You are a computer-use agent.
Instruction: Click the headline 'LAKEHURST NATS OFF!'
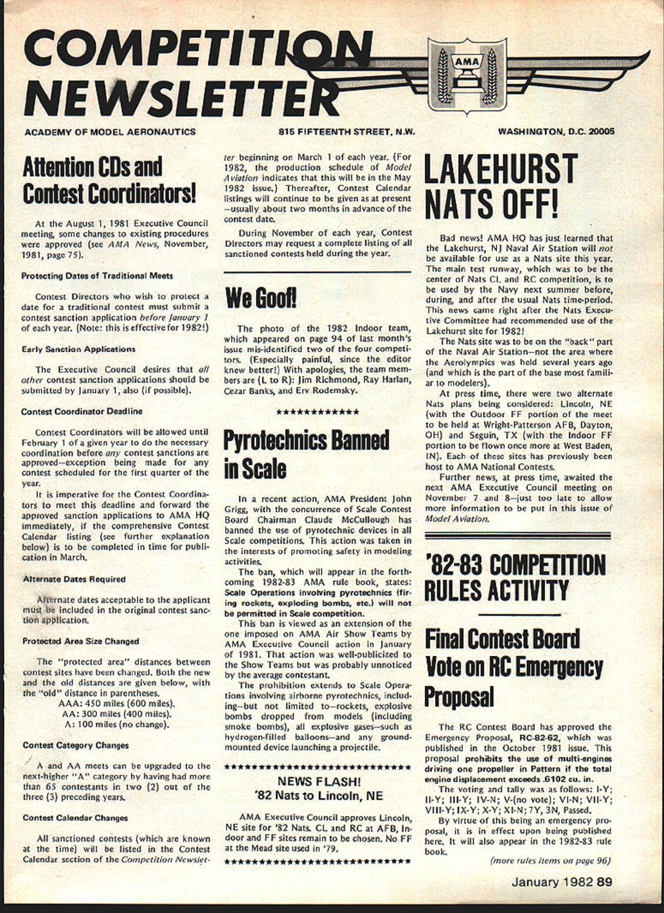point(500,186)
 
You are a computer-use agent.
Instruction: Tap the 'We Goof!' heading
point(260,297)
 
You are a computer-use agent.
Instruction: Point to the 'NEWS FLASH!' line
point(319,781)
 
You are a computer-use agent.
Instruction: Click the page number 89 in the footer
point(604,882)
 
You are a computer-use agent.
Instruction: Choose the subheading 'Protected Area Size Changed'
point(80,641)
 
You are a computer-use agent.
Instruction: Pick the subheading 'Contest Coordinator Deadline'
point(82,411)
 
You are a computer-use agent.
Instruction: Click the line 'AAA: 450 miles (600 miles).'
point(116,704)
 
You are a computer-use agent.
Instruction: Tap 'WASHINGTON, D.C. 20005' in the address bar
point(556,132)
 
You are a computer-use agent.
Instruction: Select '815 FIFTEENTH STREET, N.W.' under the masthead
point(346,132)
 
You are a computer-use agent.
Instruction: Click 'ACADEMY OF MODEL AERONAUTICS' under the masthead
point(109,132)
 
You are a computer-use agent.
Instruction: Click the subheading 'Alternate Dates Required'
point(74,579)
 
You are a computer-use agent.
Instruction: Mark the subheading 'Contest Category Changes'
point(75,745)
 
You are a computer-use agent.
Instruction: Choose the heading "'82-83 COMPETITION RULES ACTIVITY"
point(514,577)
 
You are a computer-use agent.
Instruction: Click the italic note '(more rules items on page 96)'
point(550,861)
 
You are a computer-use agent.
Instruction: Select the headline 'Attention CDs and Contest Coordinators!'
point(109,180)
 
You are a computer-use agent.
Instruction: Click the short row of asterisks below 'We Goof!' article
point(317,411)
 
